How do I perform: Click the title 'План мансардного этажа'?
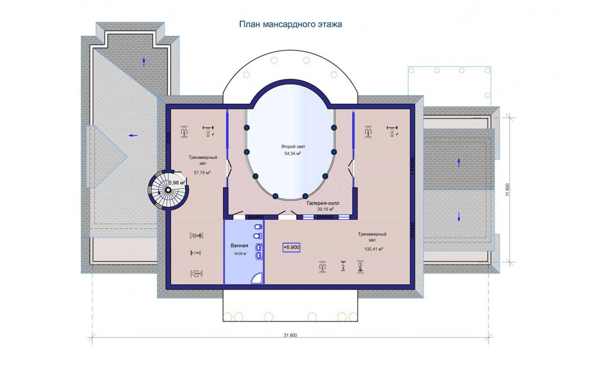(290, 24)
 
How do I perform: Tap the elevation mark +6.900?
(291, 248)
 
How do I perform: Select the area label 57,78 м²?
(202, 173)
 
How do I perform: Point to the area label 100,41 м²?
(373, 249)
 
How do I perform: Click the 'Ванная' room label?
(239, 245)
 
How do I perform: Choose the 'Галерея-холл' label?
(323, 203)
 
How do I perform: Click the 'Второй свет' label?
(293, 147)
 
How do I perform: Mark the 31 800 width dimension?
(290, 335)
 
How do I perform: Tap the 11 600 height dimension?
(508, 190)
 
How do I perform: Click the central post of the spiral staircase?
(168, 190)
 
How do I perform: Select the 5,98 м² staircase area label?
(177, 183)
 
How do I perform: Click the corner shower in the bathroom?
(257, 278)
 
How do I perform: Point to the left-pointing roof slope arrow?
(133, 136)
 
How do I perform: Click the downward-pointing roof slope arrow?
(459, 217)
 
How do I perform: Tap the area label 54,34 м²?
(293, 153)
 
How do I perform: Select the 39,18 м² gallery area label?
(325, 209)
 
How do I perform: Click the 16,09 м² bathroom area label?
(240, 253)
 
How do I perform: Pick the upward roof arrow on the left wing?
(144, 63)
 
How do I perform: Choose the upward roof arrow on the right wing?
(459, 163)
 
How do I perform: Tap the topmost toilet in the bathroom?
(258, 227)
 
